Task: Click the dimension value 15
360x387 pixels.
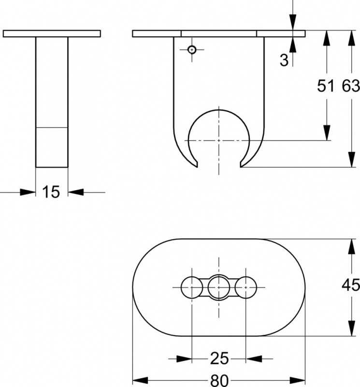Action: [51, 192]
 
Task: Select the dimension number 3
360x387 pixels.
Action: [284, 60]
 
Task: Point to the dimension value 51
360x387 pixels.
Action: [326, 86]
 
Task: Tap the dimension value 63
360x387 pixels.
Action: [351, 86]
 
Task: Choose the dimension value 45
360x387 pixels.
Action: [351, 285]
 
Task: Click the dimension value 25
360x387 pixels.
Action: [219, 358]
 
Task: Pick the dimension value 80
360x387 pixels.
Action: [219, 380]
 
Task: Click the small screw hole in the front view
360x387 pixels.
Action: [192, 50]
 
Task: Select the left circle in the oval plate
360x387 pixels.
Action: [192, 287]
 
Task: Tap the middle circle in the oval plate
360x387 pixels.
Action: [219, 287]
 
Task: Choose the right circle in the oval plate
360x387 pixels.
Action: [246, 287]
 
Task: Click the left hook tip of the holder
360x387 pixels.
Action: [197, 167]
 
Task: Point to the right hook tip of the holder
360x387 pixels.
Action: [241, 167]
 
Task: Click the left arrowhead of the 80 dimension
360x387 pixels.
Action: [140, 380]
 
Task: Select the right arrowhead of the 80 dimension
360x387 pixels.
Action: [298, 380]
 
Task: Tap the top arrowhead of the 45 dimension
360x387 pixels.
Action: [352, 247]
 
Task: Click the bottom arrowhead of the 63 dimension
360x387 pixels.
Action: [352, 160]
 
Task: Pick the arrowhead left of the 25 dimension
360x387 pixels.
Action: [184, 358]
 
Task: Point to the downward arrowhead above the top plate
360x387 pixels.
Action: [293, 22]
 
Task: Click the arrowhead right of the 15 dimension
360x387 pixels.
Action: [76, 192]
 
